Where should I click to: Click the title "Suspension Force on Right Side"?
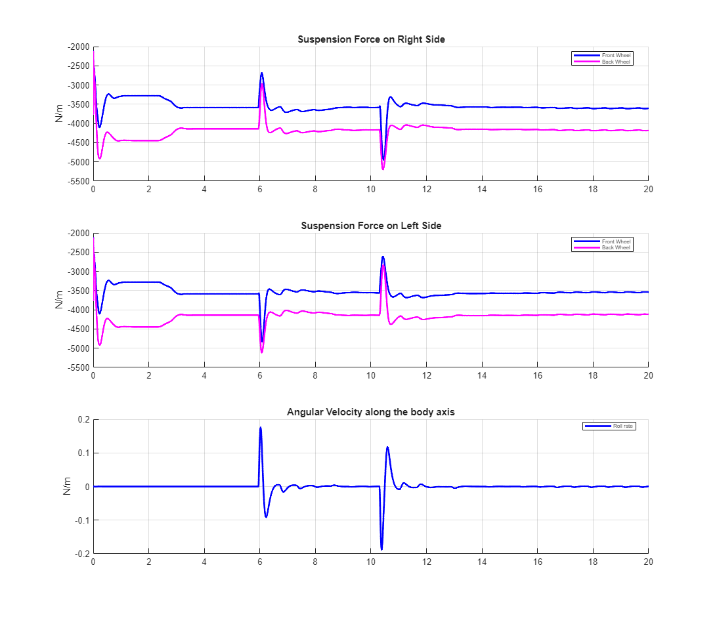371,39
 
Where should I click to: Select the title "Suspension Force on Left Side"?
371,226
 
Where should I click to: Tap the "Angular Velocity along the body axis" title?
371,412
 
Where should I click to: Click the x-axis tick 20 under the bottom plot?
648,562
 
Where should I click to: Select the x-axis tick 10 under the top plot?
370,190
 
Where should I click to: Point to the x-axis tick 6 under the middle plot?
259,376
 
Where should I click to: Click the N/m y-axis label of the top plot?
60,114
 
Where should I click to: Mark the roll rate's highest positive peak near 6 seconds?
261,428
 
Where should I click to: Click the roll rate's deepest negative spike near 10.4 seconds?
381,549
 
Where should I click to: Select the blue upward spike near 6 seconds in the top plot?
261,73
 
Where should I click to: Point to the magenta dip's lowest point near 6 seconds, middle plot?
262,352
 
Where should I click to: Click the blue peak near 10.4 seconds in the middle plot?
383,257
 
